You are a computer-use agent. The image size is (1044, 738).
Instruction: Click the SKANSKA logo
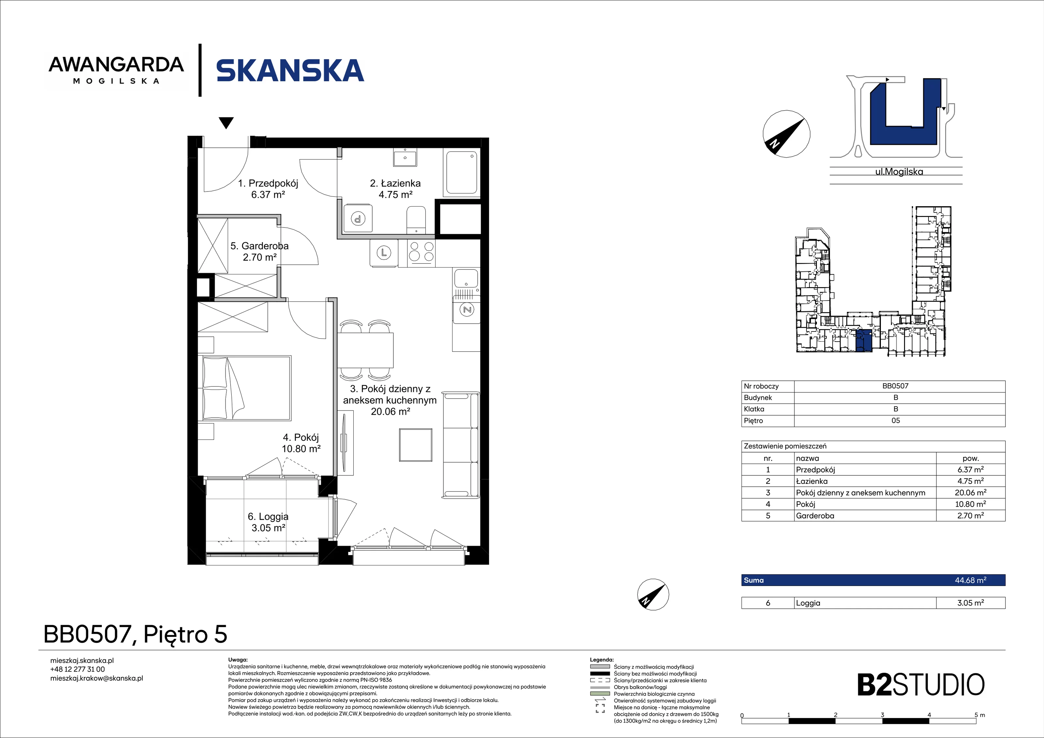(x=290, y=70)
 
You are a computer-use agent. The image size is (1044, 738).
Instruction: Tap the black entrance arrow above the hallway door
(x=226, y=123)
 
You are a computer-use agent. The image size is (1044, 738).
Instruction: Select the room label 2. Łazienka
(x=395, y=183)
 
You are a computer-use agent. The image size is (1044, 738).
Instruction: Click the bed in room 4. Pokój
(x=246, y=388)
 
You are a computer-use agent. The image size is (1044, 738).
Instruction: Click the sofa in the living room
(x=461, y=445)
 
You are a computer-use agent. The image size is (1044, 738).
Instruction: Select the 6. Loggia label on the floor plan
(x=268, y=516)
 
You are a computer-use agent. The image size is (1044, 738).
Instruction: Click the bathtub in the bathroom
(x=462, y=172)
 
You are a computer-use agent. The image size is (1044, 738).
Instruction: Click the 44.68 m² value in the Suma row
(x=970, y=580)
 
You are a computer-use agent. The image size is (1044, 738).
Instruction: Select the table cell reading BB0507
(x=895, y=386)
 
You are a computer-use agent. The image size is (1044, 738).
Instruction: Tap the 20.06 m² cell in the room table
(x=970, y=492)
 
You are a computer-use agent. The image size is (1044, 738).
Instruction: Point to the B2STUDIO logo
(x=921, y=685)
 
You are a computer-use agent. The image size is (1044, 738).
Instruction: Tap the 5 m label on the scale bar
(x=979, y=715)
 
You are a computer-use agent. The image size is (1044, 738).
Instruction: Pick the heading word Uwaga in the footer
(x=238, y=660)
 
